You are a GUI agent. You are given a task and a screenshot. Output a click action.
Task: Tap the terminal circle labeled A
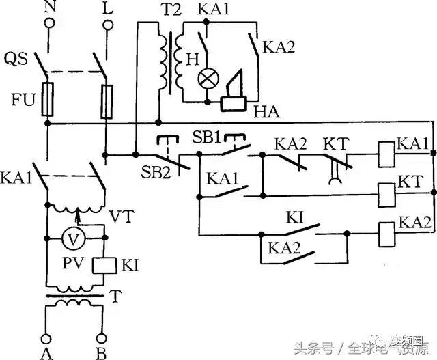pos(46,337)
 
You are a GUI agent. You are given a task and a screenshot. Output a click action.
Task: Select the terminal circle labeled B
pos(102,337)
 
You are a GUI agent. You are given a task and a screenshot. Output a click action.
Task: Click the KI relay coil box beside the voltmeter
pos(102,264)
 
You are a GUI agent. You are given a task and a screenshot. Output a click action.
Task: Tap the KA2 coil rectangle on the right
pos(388,234)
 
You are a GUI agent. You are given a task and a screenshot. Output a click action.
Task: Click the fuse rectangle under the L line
pos(106,100)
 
